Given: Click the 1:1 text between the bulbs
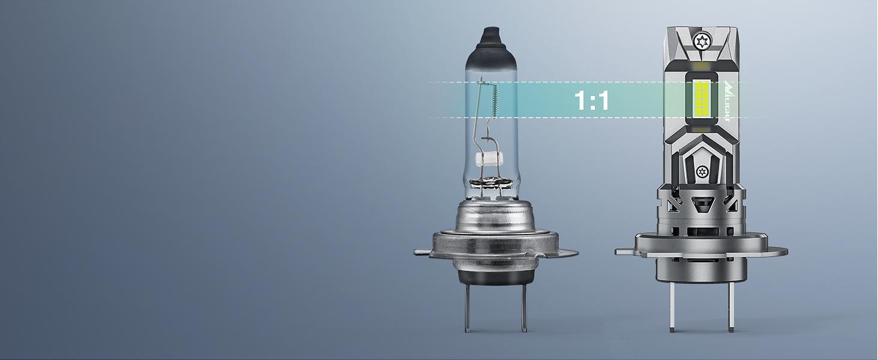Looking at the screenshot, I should coord(591,100).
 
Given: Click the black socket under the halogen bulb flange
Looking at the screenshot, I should coord(495,275).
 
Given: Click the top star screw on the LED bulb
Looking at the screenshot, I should coord(701,41).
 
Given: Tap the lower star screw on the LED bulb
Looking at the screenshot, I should coord(701,172).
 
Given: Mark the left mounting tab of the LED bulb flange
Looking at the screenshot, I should coord(624,250).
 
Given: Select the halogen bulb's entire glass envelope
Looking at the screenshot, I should coord(495,120).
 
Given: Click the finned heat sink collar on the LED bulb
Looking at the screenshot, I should coord(701,207).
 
